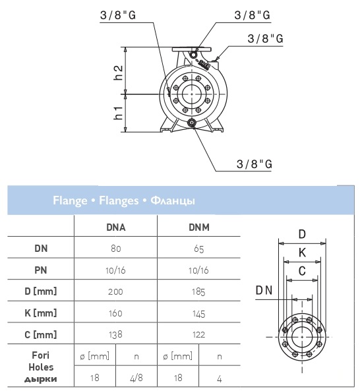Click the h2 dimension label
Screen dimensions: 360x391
point(119,73)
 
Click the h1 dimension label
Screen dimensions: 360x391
point(119,113)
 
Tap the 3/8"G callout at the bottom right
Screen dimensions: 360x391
point(254,164)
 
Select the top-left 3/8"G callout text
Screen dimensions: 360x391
point(118,15)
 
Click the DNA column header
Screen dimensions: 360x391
point(116,227)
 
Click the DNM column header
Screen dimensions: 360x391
point(199,227)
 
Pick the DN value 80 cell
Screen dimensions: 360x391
point(116,249)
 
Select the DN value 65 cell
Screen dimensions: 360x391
point(199,249)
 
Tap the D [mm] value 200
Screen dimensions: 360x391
point(115,291)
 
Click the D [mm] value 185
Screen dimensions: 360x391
point(198,292)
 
